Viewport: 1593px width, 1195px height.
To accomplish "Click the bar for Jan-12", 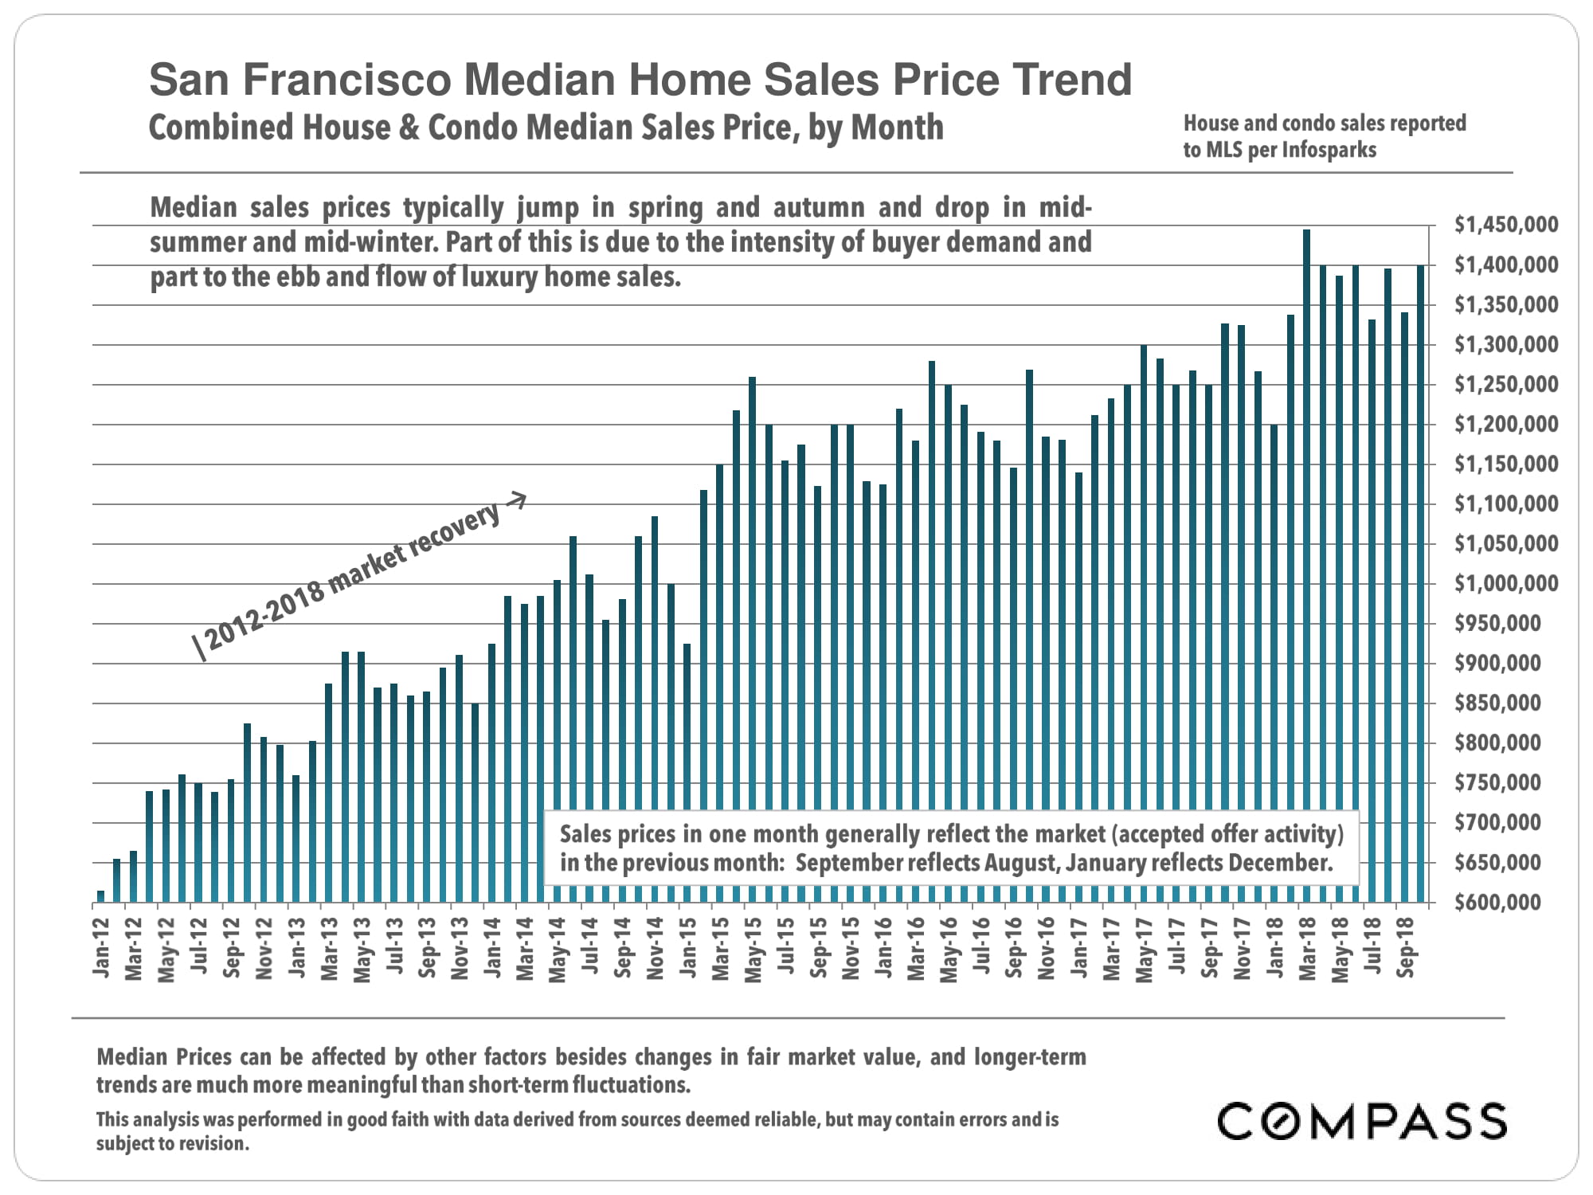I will click(x=100, y=896).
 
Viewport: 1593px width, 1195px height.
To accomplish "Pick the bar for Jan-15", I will click(x=687, y=773).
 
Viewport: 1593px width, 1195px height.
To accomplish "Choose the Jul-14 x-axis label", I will click(x=589, y=948).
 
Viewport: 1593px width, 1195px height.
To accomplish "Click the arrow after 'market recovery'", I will click(x=516, y=500).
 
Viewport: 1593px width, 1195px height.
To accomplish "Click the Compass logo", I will click(x=1362, y=1121).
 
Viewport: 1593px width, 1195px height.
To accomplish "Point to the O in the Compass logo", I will click(x=1279, y=1121).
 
